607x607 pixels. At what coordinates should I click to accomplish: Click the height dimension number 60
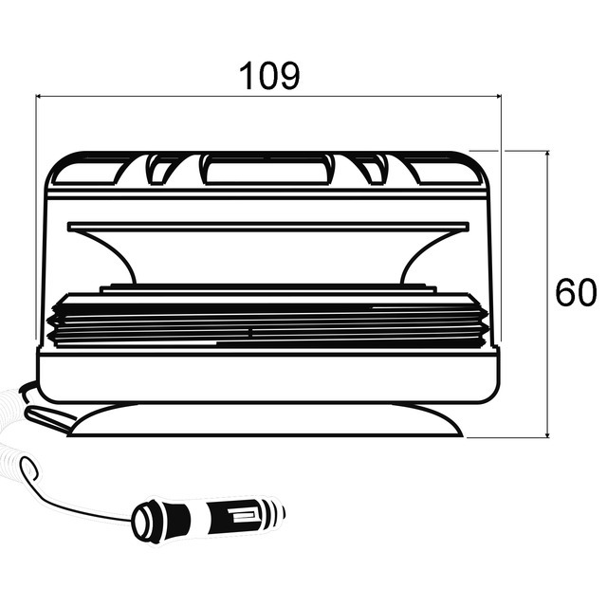pyautogui.click(x=576, y=294)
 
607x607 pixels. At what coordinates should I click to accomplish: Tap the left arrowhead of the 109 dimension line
pyautogui.click(x=40, y=96)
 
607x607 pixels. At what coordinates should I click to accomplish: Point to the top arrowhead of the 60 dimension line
pyautogui.click(x=548, y=154)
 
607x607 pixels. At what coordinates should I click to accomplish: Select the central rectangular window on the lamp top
pyautogui.click(x=267, y=172)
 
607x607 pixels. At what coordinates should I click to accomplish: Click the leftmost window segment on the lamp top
pyautogui.click(x=86, y=172)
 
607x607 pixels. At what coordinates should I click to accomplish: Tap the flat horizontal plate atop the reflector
pyautogui.click(x=267, y=227)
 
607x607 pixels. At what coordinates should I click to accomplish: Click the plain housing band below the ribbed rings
pyautogui.click(x=267, y=375)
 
